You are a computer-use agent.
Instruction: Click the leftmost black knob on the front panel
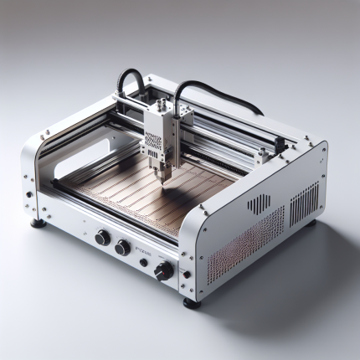pos(102,238)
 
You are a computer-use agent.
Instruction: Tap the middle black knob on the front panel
pos(123,247)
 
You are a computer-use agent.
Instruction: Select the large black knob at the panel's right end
pos(163,270)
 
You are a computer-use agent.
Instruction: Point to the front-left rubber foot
pos(37,223)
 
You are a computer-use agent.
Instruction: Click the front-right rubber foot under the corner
pos(192,302)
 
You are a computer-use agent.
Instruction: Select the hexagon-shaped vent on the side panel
pos(260,203)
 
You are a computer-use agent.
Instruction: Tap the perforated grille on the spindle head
pos(152,143)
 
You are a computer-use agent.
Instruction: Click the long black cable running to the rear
pos(222,92)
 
